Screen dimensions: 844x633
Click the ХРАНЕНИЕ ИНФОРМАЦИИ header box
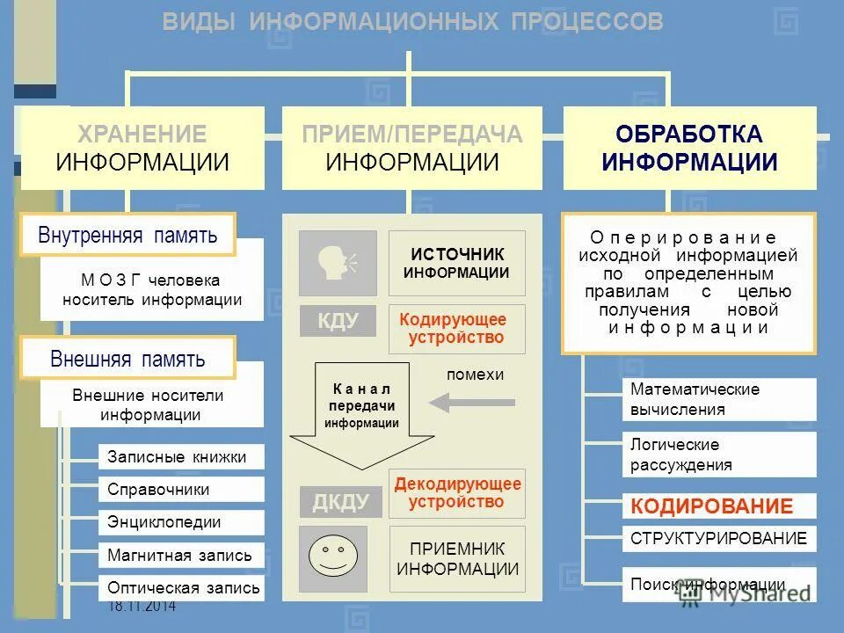[142, 148]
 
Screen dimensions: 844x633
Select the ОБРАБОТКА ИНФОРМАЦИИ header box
[689, 148]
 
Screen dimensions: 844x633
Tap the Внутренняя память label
[127, 235]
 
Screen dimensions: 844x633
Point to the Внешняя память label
[127, 358]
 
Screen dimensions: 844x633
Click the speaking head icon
[338, 263]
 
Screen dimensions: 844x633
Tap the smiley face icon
[338, 558]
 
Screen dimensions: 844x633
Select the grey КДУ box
[338, 321]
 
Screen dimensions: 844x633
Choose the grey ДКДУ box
[338, 502]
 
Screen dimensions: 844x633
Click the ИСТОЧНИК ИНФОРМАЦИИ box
[456, 263]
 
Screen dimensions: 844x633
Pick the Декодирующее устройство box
[456, 493]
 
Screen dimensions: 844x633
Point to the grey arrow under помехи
[464, 403]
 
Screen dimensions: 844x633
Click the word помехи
[475, 375]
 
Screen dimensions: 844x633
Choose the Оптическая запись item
[182, 587]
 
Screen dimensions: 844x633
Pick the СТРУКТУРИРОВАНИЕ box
[719, 538]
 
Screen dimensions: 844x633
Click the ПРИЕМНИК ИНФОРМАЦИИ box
[456, 558]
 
